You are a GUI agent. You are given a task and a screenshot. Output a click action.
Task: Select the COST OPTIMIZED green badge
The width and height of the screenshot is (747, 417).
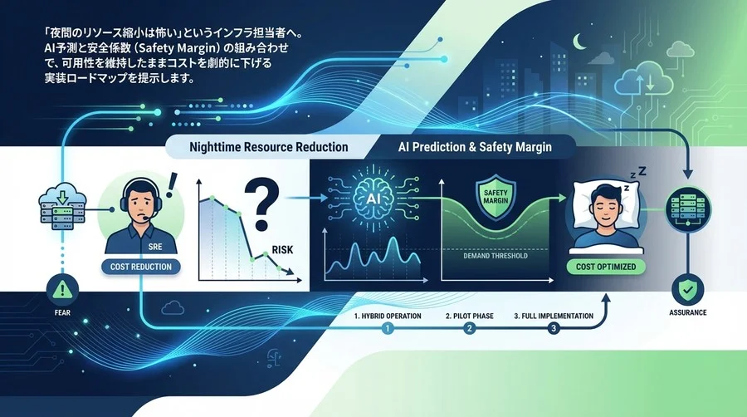[608, 267]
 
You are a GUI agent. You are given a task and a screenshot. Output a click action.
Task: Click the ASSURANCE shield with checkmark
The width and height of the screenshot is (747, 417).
[688, 291]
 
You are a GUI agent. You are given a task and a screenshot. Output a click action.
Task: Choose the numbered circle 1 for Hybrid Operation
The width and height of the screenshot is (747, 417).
[386, 328]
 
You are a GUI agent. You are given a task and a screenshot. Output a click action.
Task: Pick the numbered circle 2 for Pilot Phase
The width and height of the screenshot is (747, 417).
[470, 328]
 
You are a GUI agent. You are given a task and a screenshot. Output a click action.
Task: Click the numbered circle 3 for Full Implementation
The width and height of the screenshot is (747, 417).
[553, 328]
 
